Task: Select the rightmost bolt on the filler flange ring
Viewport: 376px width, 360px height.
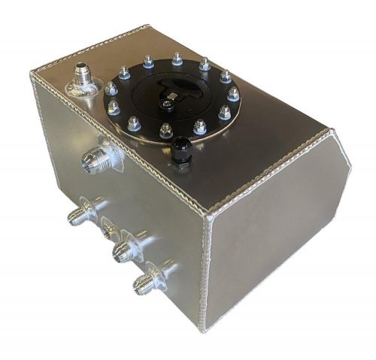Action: (x=233, y=93)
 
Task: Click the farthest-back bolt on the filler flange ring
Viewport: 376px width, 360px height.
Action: (x=177, y=57)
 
